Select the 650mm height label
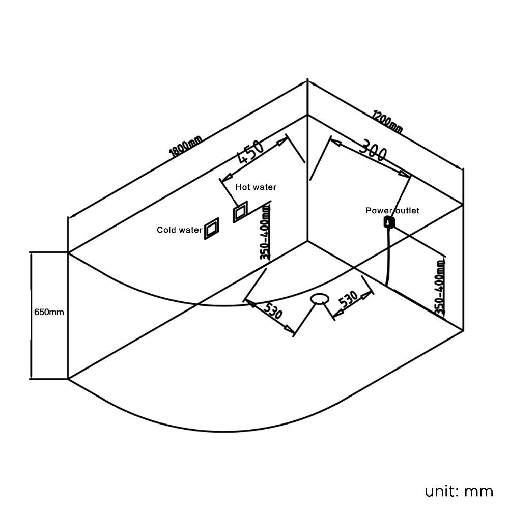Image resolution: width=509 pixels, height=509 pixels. (49, 312)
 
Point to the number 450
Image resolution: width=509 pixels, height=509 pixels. (250, 151)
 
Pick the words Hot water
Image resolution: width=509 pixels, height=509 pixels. (256, 187)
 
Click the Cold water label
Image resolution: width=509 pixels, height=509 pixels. (179, 230)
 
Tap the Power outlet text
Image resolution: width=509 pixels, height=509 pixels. (392, 210)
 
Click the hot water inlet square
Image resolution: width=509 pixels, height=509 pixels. (240, 213)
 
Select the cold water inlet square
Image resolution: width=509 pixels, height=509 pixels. (211, 229)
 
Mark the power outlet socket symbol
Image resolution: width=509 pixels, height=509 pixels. (389, 221)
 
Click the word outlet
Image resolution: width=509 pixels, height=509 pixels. (405, 210)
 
